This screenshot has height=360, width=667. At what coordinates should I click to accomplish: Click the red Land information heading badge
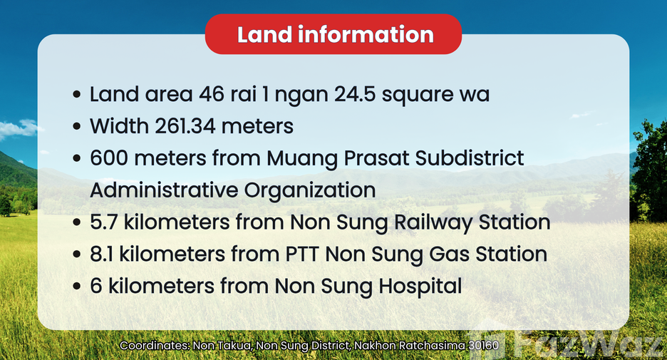click(333, 34)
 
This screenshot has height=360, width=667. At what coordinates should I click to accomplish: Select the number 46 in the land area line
click(212, 94)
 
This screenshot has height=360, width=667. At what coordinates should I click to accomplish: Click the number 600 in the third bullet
click(109, 158)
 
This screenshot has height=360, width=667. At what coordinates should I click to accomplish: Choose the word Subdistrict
click(470, 158)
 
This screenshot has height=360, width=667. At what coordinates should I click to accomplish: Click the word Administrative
click(164, 190)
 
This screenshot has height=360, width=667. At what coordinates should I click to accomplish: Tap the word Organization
click(310, 190)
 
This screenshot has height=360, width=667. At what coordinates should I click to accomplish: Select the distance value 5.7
click(104, 222)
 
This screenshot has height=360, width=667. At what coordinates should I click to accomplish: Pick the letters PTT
click(302, 254)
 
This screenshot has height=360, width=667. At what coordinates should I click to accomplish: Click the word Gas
click(449, 254)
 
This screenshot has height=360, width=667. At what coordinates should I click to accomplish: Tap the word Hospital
click(420, 287)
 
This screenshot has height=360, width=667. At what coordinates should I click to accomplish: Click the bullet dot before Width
click(76, 126)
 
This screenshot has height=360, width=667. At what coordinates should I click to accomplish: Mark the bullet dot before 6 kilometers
click(76, 286)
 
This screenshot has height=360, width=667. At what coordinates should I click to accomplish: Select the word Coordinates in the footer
click(155, 345)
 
